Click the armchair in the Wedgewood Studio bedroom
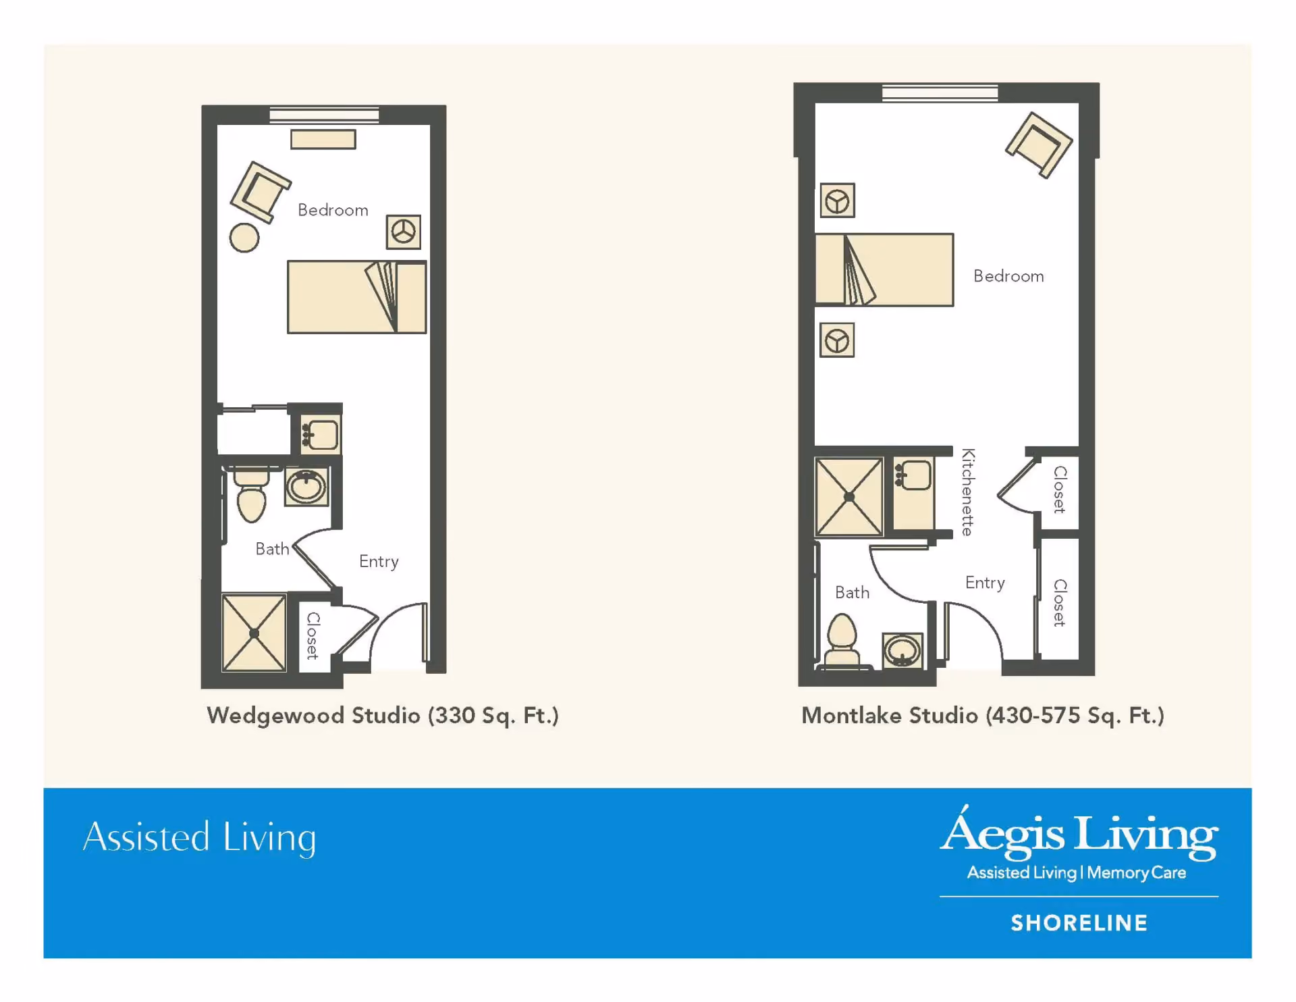[x=260, y=192]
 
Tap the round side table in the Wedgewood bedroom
[x=244, y=238]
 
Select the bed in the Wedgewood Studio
[x=356, y=297]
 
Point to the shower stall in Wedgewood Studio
[x=254, y=633]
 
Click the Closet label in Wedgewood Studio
[x=313, y=635]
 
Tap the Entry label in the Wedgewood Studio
[x=379, y=562]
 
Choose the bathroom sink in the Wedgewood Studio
[x=306, y=486]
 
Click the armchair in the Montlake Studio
[x=1039, y=145]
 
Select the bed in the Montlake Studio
[x=884, y=269]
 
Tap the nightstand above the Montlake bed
[x=838, y=201]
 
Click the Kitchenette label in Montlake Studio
[x=968, y=492]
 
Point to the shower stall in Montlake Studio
[x=849, y=497]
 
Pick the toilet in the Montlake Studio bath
[x=842, y=641]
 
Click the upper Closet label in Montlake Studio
[x=1060, y=490]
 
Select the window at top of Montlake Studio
[x=940, y=93]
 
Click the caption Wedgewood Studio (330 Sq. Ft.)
[x=383, y=716]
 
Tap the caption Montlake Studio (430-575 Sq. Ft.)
[x=983, y=716]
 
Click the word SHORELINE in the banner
[x=1079, y=923]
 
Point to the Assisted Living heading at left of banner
[x=200, y=838]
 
